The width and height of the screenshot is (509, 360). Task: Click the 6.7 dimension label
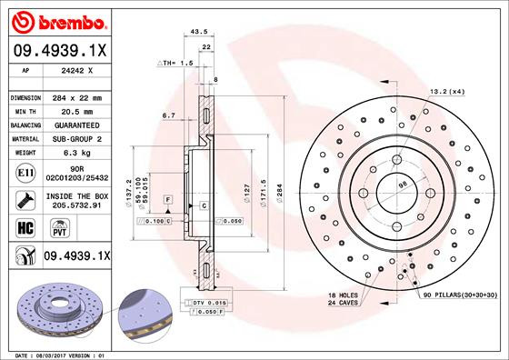pyautogui.click(x=168, y=115)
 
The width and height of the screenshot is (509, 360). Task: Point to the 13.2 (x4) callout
pyautogui.click(x=446, y=90)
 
